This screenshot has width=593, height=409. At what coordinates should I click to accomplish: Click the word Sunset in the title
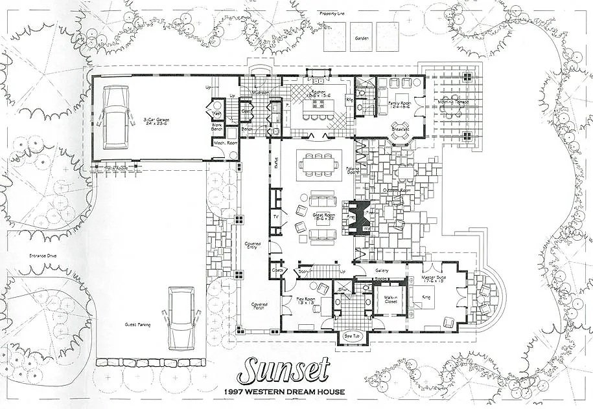point(283,370)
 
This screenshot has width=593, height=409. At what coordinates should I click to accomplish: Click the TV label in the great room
point(275,216)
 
